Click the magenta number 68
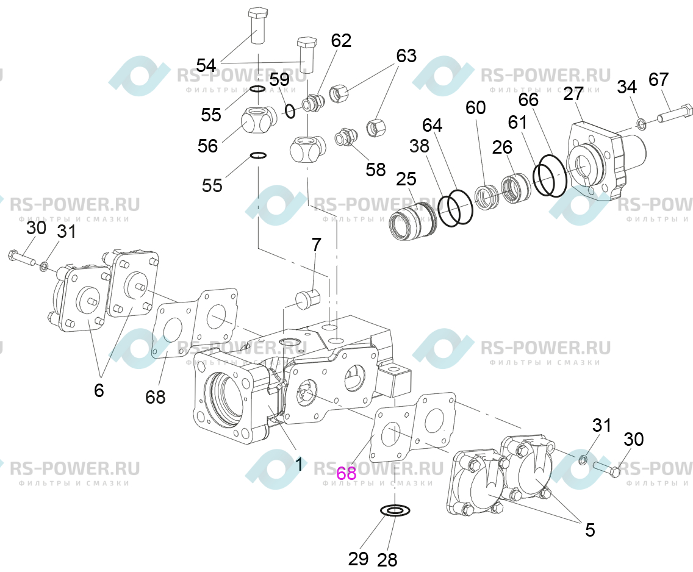point(346,473)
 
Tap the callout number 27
point(573,94)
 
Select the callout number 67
point(658,79)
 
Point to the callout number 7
point(317,245)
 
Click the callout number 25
point(406,179)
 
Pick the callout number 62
point(341,41)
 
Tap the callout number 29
point(358,559)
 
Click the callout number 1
point(299,465)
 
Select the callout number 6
point(99,390)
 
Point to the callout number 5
point(590,530)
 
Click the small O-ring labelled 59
point(290,111)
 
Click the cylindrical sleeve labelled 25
point(412,219)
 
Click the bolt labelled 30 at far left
point(22,258)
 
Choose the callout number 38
point(418,145)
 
